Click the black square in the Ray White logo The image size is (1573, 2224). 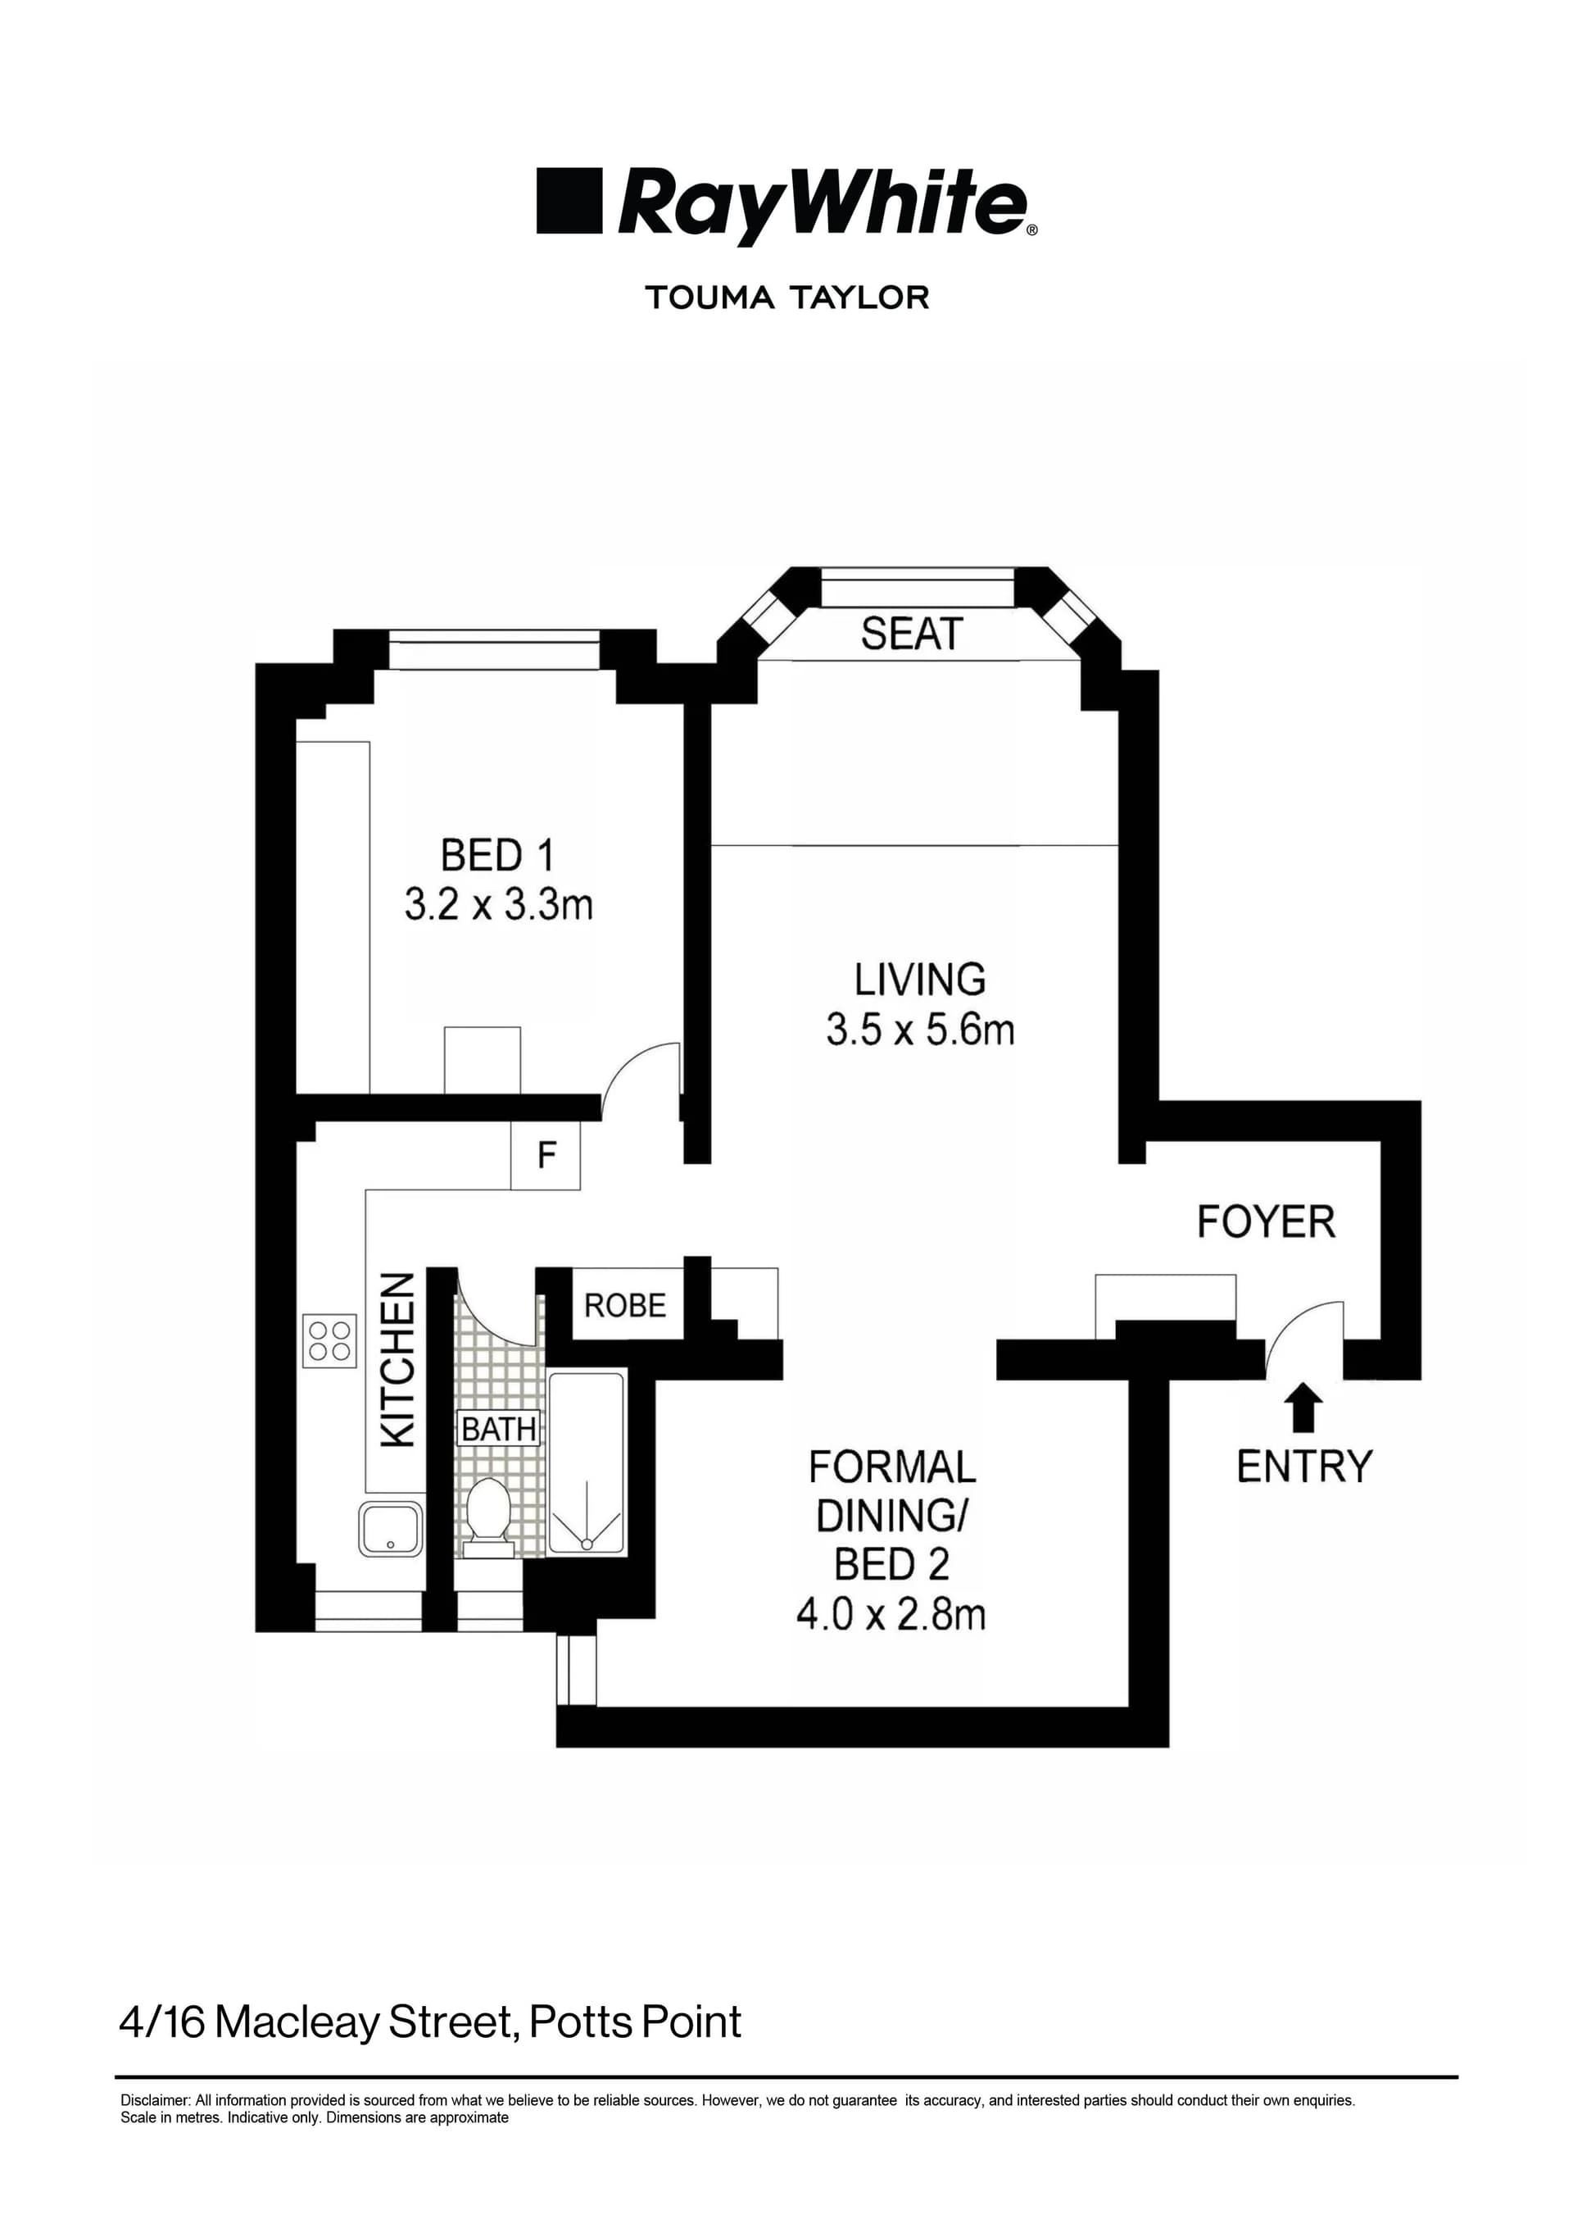coord(569,201)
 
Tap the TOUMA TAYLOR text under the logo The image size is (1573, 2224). coord(786,298)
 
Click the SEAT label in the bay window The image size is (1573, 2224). coord(912,634)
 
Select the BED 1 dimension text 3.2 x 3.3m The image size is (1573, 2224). coord(498,905)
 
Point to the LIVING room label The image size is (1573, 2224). coord(919,980)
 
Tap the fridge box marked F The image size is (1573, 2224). coord(546,1155)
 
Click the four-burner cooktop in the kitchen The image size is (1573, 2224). coord(329,1340)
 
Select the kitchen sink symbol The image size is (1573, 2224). coord(390,1528)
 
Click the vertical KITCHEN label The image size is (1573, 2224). coord(398,1361)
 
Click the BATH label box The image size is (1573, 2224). coord(499,1428)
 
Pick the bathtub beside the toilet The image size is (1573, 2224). coord(586,1463)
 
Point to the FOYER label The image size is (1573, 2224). coord(1265,1222)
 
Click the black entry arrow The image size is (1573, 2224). coord(1303,1407)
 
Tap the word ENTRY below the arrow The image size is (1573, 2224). coord(1303,1467)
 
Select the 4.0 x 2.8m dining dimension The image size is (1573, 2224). coord(891,1614)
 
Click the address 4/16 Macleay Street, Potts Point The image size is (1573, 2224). coord(430,2022)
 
